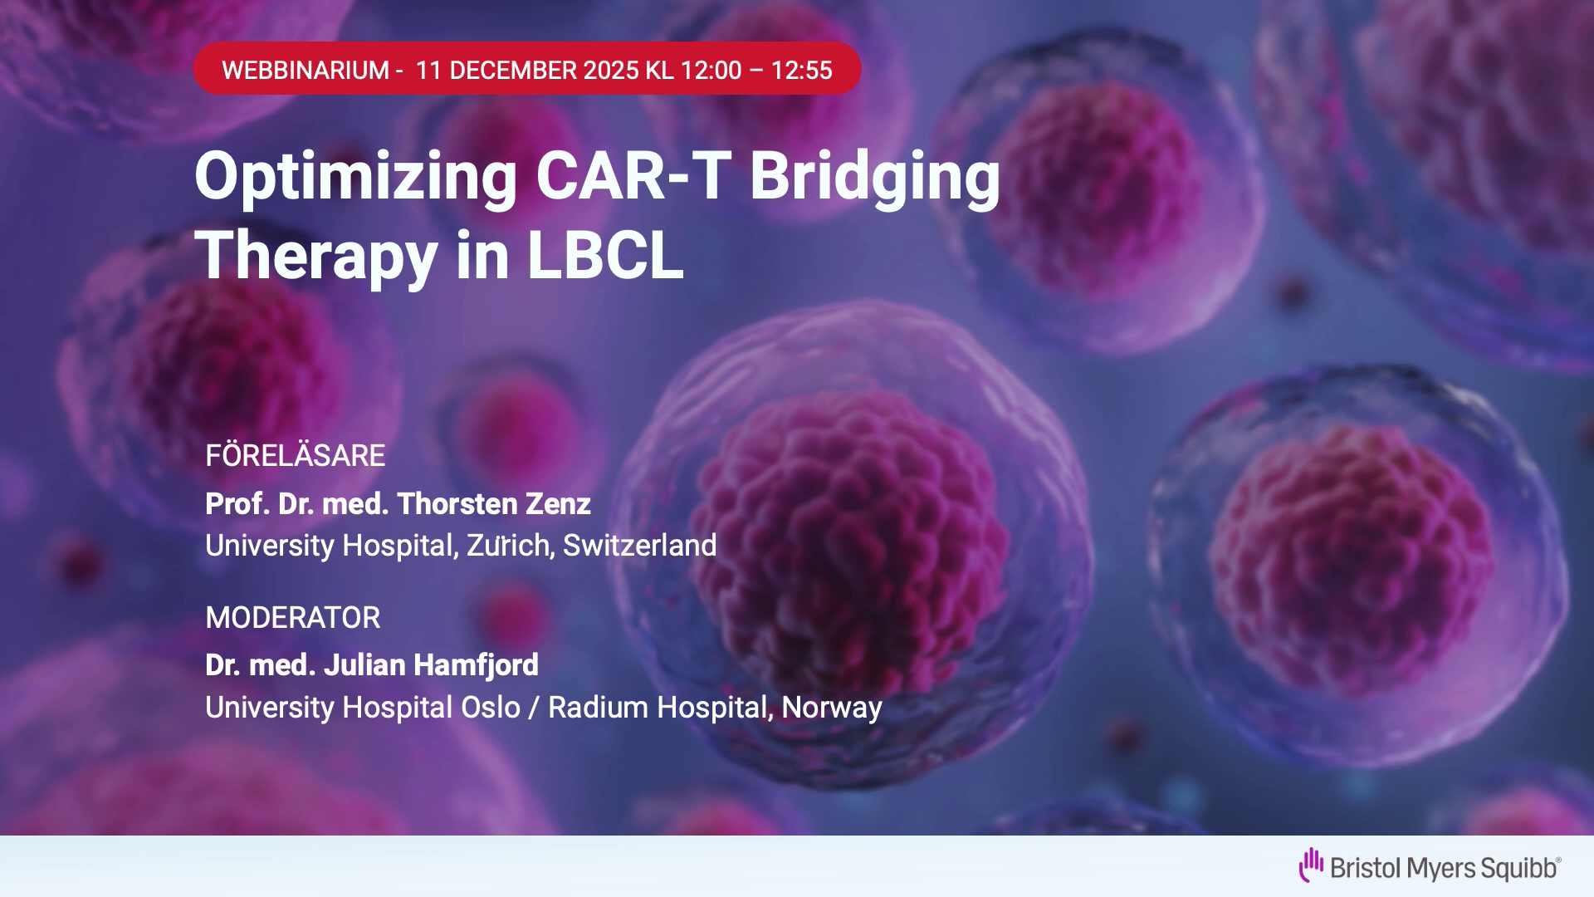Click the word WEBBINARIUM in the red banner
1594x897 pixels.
pyautogui.click(x=306, y=70)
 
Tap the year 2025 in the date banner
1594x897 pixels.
pyautogui.click(x=611, y=70)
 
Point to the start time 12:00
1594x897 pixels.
pyautogui.click(x=711, y=70)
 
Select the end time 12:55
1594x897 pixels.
pyautogui.click(x=802, y=70)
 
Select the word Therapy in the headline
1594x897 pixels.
pyautogui.click(x=316, y=257)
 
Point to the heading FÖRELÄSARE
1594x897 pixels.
pyautogui.click(x=296, y=454)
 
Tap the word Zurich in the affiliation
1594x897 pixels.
pyautogui.click(x=508, y=545)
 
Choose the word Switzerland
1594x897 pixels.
pyautogui.click(x=639, y=545)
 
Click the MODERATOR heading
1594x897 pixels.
pyautogui.click(x=293, y=617)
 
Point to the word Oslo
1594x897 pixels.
pyautogui.click(x=490, y=707)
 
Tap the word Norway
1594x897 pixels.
pyautogui.click(x=832, y=708)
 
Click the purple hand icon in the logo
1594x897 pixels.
pyautogui.click(x=1311, y=865)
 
